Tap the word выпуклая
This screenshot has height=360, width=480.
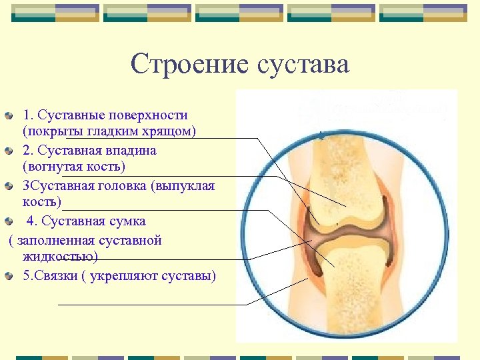(183, 186)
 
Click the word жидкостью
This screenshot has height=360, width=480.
(60, 256)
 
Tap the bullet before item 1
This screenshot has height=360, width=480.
(8, 116)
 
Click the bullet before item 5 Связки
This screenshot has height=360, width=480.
(8, 276)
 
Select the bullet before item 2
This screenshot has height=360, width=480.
(8, 151)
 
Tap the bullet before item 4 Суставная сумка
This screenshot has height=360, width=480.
(8, 221)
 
